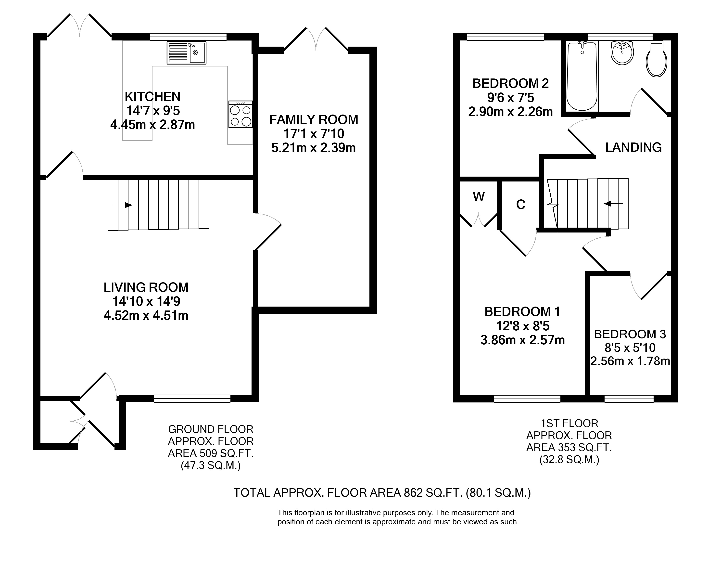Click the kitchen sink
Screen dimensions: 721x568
pyautogui.click(x=186, y=52)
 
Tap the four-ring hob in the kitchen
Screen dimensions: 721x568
pyautogui.click(x=240, y=114)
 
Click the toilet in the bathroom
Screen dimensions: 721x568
pyautogui.click(x=656, y=59)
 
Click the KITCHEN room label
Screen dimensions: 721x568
pyautogui.click(x=152, y=96)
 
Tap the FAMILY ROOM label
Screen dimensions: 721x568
pyautogui.click(x=314, y=120)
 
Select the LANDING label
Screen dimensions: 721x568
pyautogui.click(x=633, y=147)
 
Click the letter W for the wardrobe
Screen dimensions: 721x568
pyautogui.click(x=479, y=197)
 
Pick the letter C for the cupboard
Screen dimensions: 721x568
pyautogui.click(x=520, y=205)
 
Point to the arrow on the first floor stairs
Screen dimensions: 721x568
pyautogui.click(x=613, y=204)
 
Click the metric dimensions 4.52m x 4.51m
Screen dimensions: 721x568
pyautogui.click(x=146, y=315)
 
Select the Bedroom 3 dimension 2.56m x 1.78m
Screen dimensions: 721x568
pyautogui.click(x=630, y=361)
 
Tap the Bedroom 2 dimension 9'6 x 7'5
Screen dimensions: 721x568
pyautogui.click(x=511, y=98)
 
